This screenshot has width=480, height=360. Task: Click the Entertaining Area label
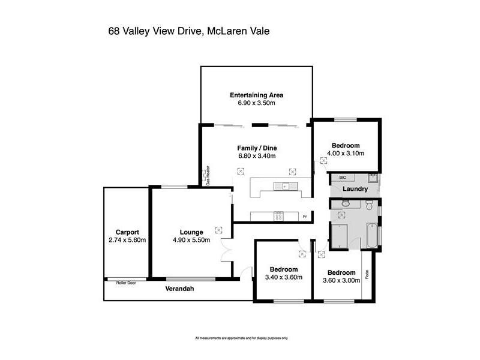click(x=256, y=95)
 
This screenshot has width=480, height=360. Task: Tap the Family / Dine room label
click(x=257, y=148)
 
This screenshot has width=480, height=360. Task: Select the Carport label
click(x=128, y=232)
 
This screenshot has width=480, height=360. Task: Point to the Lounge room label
click(x=191, y=232)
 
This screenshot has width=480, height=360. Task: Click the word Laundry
click(x=355, y=189)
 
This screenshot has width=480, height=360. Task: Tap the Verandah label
click(x=180, y=289)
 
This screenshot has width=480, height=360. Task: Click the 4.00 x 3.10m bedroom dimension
click(x=345, y=154)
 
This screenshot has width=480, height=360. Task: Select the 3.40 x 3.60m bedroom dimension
click(x=283, y=277)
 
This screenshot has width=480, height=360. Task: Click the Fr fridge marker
click(x=305, y=217)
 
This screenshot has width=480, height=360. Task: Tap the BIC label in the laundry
click(x=343, y=178)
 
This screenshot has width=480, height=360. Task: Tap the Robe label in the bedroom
click(x=367, y=275)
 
